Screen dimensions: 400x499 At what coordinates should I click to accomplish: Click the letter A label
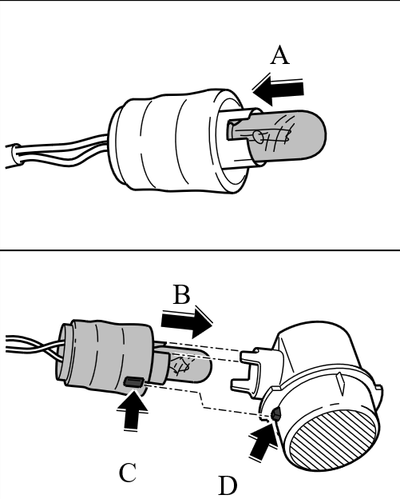(280, 55)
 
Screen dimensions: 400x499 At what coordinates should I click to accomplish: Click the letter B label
(182, 295)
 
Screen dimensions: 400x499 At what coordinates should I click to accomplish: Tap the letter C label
(128, 473)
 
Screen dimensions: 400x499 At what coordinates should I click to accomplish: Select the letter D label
(228, 485)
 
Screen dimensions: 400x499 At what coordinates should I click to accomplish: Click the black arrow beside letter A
(279, 90)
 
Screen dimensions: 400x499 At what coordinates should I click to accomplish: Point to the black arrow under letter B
(187, 323)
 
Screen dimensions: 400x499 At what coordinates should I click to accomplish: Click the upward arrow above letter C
(133, 411)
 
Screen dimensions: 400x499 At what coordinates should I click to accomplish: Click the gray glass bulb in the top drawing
(285, 134)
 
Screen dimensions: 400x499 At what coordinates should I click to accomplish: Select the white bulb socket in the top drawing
(178, 141)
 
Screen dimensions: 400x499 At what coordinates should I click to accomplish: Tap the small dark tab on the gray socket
(134, 381)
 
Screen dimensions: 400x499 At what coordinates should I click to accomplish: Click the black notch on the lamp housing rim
(275, 414)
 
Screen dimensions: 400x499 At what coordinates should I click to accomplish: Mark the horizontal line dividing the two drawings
(200, 250)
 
